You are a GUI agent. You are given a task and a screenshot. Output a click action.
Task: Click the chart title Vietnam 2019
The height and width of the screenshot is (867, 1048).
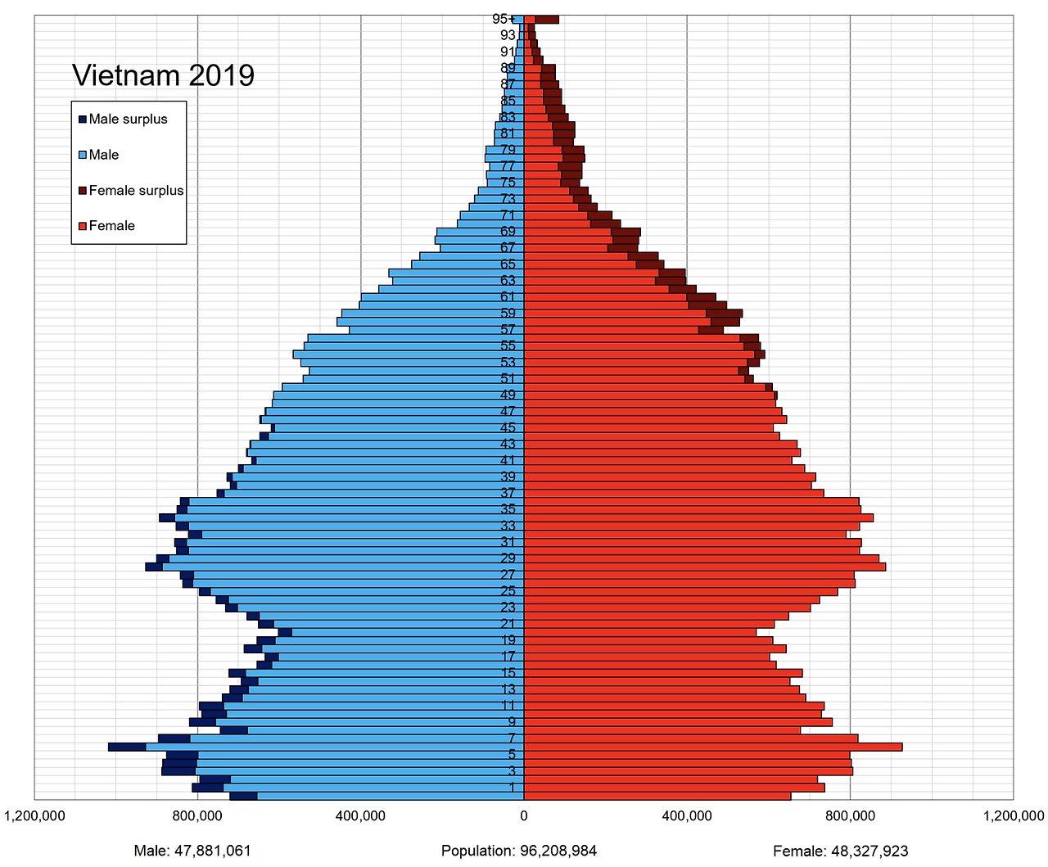click(x=163, y=75)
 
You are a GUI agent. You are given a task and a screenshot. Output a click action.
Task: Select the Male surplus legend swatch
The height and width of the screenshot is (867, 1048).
click(x=83, y=119)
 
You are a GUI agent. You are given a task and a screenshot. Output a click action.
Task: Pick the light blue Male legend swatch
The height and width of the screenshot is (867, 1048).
click(x=83, y=155)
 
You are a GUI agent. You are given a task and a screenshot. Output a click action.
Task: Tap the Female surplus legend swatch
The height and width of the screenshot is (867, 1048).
click(x=83, y=191)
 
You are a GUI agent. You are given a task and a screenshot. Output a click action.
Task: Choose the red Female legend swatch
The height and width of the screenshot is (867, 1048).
click(x=83, y=226)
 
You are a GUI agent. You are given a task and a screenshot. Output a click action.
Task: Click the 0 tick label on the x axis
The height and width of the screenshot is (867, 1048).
click(x=524, y=815)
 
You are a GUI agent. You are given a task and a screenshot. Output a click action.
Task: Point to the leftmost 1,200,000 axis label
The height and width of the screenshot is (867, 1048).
click(x=34, y=815)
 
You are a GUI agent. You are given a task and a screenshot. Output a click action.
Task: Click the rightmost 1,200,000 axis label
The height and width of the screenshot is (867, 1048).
click(x=1014, y=815)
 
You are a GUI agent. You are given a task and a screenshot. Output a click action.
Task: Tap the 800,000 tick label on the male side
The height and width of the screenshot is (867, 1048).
click(x=197, y=815)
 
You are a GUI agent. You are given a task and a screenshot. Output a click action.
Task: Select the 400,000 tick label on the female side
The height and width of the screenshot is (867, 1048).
click(x=687, y=815)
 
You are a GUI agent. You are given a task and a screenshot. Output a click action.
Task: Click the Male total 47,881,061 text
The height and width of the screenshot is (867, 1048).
click(x=192, y=851)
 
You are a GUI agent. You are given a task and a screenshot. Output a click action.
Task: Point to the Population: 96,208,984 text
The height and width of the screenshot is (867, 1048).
click(x=519, y=851)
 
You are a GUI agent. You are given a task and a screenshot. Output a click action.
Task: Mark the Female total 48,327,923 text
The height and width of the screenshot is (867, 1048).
click(x=841, y=851)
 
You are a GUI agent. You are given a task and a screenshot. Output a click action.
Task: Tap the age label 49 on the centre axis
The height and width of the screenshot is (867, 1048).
click(x=508, y=395)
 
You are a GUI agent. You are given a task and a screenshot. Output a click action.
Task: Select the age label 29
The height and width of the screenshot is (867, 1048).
click(x=508, y=558)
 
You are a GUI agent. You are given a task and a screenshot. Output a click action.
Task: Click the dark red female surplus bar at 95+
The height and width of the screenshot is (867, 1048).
click(x=547, y=19)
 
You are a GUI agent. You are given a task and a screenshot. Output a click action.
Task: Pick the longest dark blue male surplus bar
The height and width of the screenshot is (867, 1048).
click(x=127, y=747)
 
